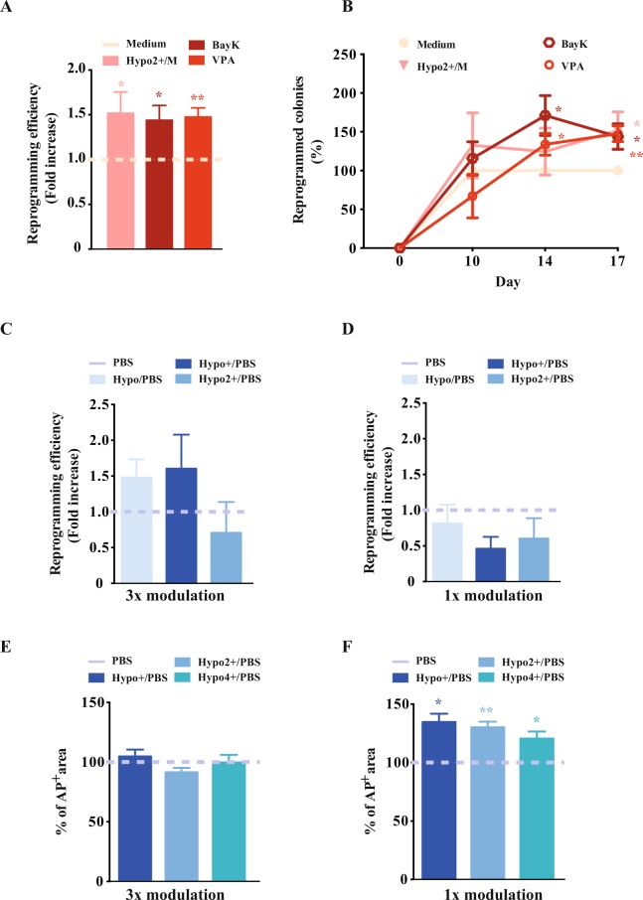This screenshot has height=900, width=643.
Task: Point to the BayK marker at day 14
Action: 545,115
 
